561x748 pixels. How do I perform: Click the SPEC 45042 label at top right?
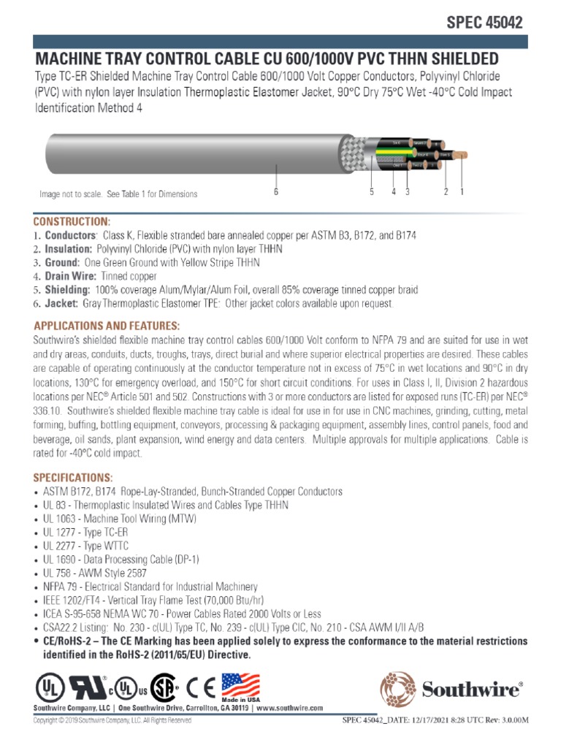pyautogui.click(x=484, y=23)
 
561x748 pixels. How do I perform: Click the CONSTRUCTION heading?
pyautogui.click(x=72, y=221)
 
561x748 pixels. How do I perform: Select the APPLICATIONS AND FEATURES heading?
pyautogui.click(x=106, y=324)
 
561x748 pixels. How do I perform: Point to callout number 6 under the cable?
pyautogui.click(x=276, y=192)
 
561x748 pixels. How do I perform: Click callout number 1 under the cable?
pyautogui.click(x=462, y=192)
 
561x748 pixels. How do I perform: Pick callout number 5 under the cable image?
pyautogui.click(x=372, y=192)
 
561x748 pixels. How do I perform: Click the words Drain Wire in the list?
pyautogui.click(x=71, y=276)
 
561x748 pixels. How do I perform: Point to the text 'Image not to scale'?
pyautogui.click(x=71, y=194)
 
